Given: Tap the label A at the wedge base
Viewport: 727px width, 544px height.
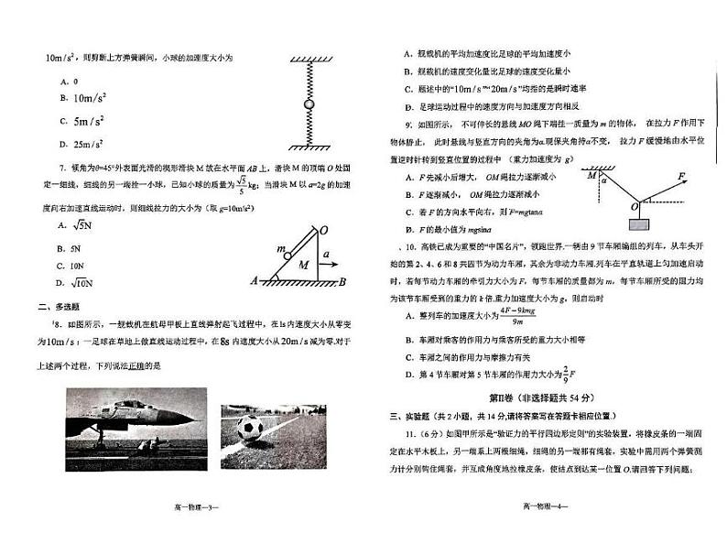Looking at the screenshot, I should (x=255, y=282).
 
